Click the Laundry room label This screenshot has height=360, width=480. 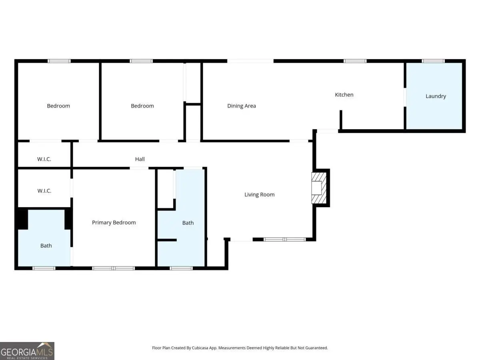[x=436, y=96]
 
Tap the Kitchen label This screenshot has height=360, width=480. [x=344, y=95]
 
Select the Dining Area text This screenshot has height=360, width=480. [x=242, y=106]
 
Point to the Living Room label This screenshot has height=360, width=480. [x=259, y=194]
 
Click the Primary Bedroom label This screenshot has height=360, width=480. [x=114, y=222]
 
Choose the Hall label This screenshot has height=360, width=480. [x=140, y=159]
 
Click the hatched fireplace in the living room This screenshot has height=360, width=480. [x=319, y=188]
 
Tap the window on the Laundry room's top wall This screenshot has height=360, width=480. [x=433, y=61]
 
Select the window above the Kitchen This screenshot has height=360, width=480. [x=355, y=61]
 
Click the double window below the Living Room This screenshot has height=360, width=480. [x=284, y=239]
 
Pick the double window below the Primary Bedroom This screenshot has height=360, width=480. [x=113, y=268]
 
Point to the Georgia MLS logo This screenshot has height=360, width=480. [x=27, y=351]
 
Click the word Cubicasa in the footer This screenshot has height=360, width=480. [x=200, y=348]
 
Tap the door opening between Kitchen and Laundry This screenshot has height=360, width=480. [x=405, y=97]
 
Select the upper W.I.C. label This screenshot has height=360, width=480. [x=44, y=159]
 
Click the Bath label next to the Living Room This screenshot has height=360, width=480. [x=188, y=223]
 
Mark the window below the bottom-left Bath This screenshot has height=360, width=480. [x=44, y=268]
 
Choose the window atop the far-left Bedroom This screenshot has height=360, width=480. [x=59, y=61]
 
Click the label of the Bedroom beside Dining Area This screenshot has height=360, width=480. [x=142, y=106]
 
